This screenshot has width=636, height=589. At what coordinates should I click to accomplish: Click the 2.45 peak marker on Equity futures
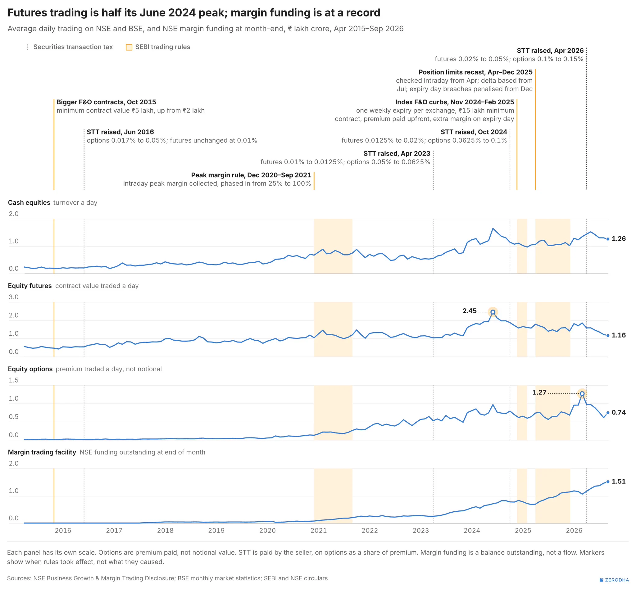coord(493,312)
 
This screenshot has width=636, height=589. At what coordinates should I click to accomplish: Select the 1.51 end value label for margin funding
coord(619,481)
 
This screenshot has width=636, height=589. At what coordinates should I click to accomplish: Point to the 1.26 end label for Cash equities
coord(619,238)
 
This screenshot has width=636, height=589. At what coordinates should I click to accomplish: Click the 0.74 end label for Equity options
coord(619,412)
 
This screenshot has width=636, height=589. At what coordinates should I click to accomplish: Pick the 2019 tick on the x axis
coord(216,530)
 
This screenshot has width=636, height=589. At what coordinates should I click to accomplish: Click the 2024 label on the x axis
coord(472,530)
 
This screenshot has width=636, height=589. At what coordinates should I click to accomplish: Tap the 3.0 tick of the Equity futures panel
coord(14,297)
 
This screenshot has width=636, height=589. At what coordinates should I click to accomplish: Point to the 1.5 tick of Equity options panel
coord(14,380)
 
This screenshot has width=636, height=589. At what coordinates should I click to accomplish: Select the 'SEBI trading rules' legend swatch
coord(129,47)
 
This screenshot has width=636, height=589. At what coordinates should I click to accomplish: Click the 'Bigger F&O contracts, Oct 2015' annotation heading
coord(106,102)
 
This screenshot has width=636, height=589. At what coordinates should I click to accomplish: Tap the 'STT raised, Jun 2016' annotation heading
coord(120,132)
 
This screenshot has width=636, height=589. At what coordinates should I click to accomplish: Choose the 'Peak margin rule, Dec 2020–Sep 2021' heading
coord(251,175)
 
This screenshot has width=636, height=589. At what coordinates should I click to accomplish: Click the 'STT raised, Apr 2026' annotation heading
coord(550,50)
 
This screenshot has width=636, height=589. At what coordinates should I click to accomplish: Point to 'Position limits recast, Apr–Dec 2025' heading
coord(475,72)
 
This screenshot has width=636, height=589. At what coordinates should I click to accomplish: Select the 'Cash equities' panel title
coord(29,203)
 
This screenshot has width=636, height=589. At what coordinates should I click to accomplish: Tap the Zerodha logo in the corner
coord(614,580)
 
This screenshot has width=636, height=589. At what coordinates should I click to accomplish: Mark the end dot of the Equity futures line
coord(608,335)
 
